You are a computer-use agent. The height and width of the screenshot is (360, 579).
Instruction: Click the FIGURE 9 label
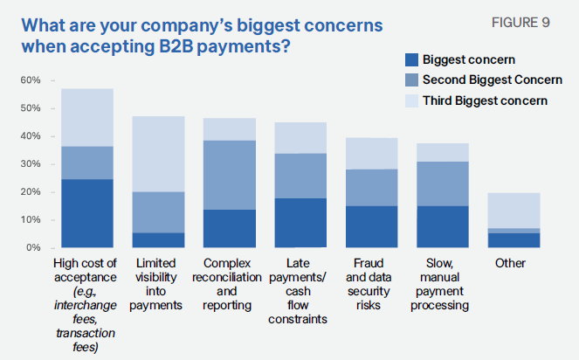click(521, 23)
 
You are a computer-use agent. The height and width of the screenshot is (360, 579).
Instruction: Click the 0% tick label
click(33, 248)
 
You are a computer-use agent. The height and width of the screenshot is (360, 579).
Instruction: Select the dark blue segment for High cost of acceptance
click(87, 213)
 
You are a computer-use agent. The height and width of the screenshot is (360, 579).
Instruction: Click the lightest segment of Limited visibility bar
click(158, 154)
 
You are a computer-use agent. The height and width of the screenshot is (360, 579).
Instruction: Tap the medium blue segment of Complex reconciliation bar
click(230, 175)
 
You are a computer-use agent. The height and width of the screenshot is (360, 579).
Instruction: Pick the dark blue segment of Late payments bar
click(300, 223)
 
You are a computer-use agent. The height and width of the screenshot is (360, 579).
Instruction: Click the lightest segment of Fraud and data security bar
click(372, 153)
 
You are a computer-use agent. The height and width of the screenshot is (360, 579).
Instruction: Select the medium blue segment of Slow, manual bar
click(443, 183)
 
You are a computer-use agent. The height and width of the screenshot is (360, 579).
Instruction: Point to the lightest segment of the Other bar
click(514, 211)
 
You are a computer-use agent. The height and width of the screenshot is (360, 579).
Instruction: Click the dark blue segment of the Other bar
click(514, 240)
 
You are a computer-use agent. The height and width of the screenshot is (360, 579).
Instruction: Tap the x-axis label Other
click(511, 263)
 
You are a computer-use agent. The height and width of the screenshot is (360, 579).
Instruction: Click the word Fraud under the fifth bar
click(369, 263)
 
